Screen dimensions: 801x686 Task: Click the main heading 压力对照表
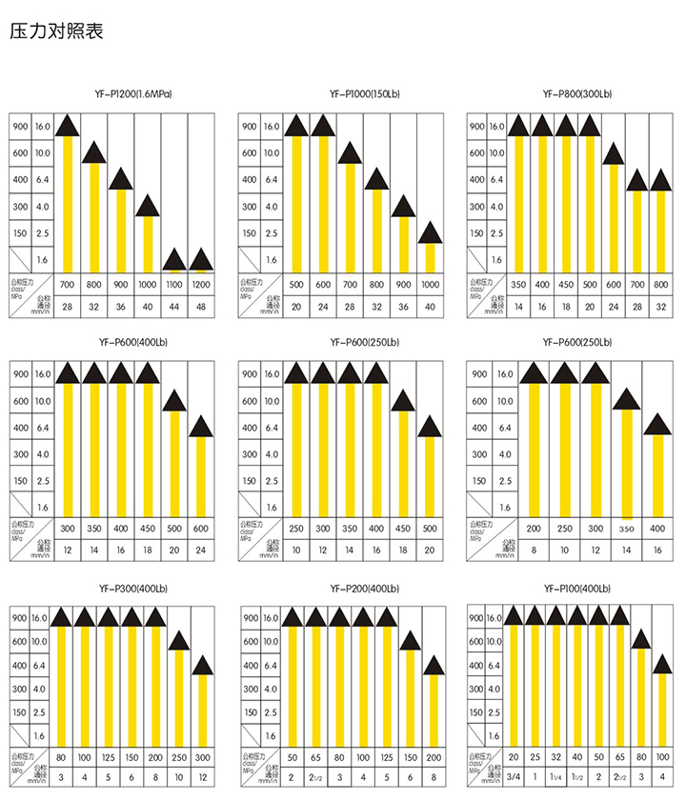[x=56, y=30]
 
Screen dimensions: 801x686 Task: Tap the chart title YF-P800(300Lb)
[x=576, y=95]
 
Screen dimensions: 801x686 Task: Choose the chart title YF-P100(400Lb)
[x=576, y=589]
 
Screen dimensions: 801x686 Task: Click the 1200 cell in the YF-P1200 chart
[x=200, y=284]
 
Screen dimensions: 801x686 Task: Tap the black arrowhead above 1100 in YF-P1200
[x=173, y=259]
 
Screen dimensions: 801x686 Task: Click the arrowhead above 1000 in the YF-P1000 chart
[x=430, y=232]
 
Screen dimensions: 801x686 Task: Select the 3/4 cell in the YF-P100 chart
[x=514, y=778]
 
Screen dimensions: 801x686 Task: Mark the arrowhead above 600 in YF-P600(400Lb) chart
[x=200, y=426]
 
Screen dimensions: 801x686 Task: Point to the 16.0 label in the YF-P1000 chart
[x=272, y=126]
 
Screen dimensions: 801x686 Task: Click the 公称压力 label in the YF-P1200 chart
[x=22, y=283]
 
